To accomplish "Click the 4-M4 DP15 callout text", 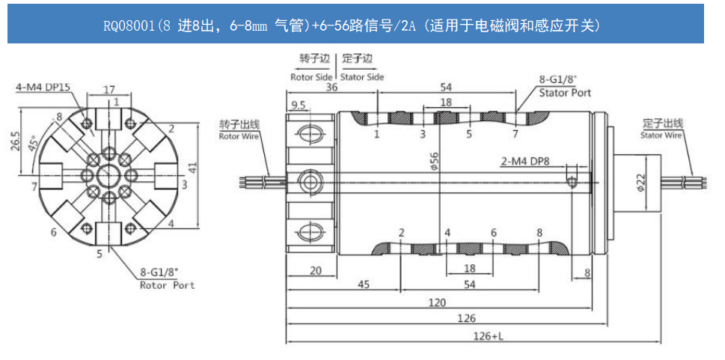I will click(43, 88).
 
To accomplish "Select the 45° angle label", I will click(32, 142).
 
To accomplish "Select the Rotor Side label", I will click(311, 77).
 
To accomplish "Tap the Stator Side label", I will click(362, 77).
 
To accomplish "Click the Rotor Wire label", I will click(237, 131).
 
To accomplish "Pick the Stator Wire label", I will click(661, 129).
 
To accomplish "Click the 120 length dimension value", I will click(438, 302).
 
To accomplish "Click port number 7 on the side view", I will click(515, 135).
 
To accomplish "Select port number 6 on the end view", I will click(54, 232).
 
